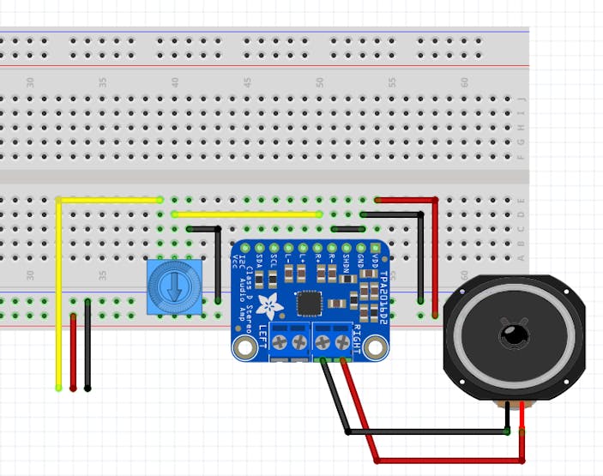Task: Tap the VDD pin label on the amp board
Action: [375, 255]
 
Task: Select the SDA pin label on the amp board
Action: [260, 255]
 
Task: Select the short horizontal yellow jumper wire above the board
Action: [247, 214]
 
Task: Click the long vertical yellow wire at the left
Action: [58, 300]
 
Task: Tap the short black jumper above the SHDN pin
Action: [347, 229]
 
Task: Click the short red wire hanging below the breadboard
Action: [73, 352]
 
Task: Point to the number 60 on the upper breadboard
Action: [465, 82]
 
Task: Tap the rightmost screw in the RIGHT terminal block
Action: [343, 343]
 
